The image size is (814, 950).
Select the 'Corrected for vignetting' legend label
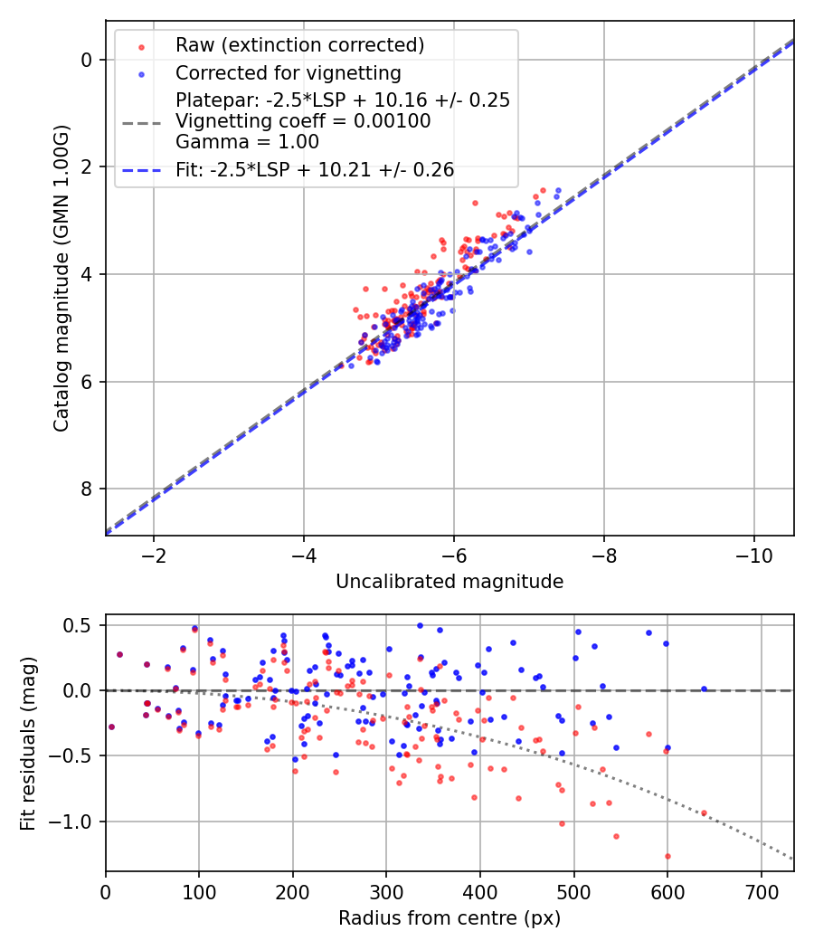288,72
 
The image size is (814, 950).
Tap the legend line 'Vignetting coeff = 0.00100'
303,120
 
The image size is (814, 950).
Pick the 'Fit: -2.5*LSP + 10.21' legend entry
315,168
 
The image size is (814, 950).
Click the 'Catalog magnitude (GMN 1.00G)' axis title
62,278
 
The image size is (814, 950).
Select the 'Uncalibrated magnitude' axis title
450,582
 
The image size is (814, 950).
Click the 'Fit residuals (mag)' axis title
28,743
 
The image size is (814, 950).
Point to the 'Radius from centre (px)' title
450,918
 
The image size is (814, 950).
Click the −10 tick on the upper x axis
754,552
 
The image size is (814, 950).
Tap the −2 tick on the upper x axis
153,552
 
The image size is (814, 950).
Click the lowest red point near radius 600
667,856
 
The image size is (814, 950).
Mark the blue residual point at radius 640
704,689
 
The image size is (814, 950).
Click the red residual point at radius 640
704,812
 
